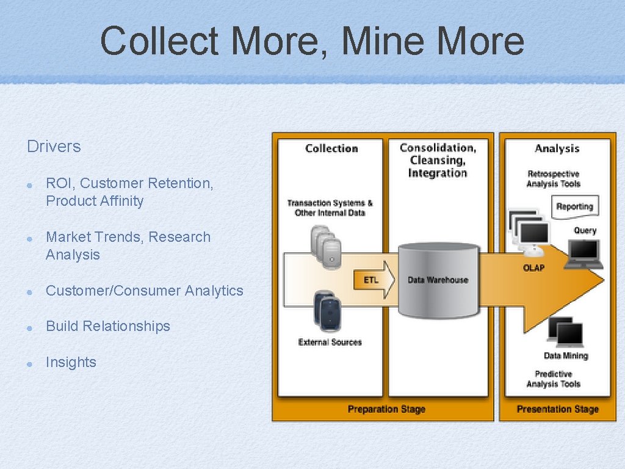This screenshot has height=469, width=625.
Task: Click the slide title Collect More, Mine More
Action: coord(312,41)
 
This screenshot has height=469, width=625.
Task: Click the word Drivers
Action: coord(54,147)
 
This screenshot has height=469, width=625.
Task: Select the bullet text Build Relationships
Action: coord(108,326)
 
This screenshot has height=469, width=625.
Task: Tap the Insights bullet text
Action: coord(71,362)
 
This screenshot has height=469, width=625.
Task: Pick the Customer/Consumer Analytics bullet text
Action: coord(144,291)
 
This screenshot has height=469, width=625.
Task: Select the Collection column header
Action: coord(331,148)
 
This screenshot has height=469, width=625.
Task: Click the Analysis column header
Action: coord(557,148)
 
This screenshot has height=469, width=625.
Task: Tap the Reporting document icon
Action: coord(574,206)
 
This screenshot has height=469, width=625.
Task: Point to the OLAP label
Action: coord(533,267)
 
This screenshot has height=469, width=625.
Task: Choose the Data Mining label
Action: coord(566,356)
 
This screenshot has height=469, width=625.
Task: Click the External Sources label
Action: coord(330,343)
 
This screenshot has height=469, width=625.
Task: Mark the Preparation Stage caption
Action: coord(386,409)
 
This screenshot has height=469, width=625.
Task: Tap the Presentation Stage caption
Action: coord(557,409)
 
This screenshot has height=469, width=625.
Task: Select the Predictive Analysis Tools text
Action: coord(554,379)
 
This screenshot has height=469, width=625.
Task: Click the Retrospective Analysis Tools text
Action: coord(554,179)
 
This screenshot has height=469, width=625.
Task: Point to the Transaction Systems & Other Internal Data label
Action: coord(330,208)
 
